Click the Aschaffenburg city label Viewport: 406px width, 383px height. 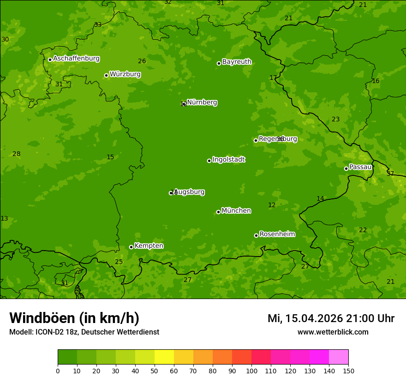[76, 59]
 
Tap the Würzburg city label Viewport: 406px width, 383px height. [125, 74]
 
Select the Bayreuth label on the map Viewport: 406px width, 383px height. [237, 62]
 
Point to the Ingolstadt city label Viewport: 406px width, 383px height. [228, 160]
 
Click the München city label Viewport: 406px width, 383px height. [236, 211]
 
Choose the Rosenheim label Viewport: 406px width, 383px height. [277, 234]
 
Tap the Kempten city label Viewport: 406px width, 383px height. [149, 246]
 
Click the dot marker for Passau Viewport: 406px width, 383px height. [346, 168]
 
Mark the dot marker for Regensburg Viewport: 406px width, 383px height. [256, 140]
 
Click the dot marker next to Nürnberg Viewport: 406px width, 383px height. [185, 104]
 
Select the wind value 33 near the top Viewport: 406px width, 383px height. [98, 24]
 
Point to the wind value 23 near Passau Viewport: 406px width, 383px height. [335, 119]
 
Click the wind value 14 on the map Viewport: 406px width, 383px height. [320, 198]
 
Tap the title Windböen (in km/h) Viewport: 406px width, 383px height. [74, 318]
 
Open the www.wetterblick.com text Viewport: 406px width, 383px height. [333, 332]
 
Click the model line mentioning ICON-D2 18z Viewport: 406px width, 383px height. [84, 332]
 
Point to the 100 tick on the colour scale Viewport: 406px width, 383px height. [251, 370]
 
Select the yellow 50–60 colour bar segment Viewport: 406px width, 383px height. [164, 357]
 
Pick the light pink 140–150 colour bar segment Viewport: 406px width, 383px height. [339, 357]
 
